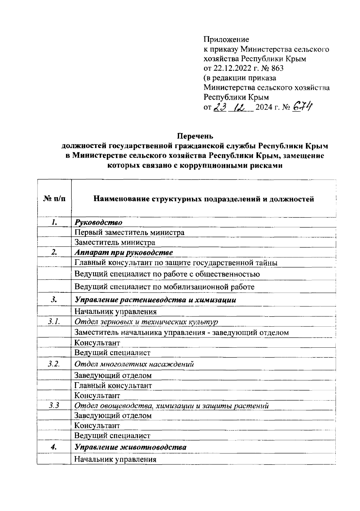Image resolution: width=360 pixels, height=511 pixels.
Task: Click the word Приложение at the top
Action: [226, 39]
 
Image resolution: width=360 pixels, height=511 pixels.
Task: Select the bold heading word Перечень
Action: [195, 136]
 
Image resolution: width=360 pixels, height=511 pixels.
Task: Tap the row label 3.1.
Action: [54, 322]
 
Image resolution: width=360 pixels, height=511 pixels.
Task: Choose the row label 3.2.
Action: [54, 364]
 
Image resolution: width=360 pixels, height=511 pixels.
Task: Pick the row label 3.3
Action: [54, 406]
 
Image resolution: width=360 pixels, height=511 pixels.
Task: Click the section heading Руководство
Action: [98, 222]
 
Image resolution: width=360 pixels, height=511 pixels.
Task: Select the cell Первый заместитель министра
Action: [129, 232]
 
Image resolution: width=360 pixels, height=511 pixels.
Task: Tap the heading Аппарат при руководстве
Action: [124, 252]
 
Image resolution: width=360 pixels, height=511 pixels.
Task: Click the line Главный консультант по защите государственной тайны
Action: [176, 263]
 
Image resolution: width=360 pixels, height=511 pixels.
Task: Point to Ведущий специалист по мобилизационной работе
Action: [164, 287]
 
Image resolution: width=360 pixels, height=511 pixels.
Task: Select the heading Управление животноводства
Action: [130, 447]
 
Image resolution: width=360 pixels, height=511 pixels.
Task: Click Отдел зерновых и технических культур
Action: [146, 322]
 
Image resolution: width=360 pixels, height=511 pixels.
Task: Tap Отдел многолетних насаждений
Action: [134, 364]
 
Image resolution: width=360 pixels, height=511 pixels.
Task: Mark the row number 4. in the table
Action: [54, 447]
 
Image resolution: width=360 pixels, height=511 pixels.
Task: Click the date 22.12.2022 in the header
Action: [234, 68]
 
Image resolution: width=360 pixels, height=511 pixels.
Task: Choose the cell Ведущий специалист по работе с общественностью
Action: [167, 274]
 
